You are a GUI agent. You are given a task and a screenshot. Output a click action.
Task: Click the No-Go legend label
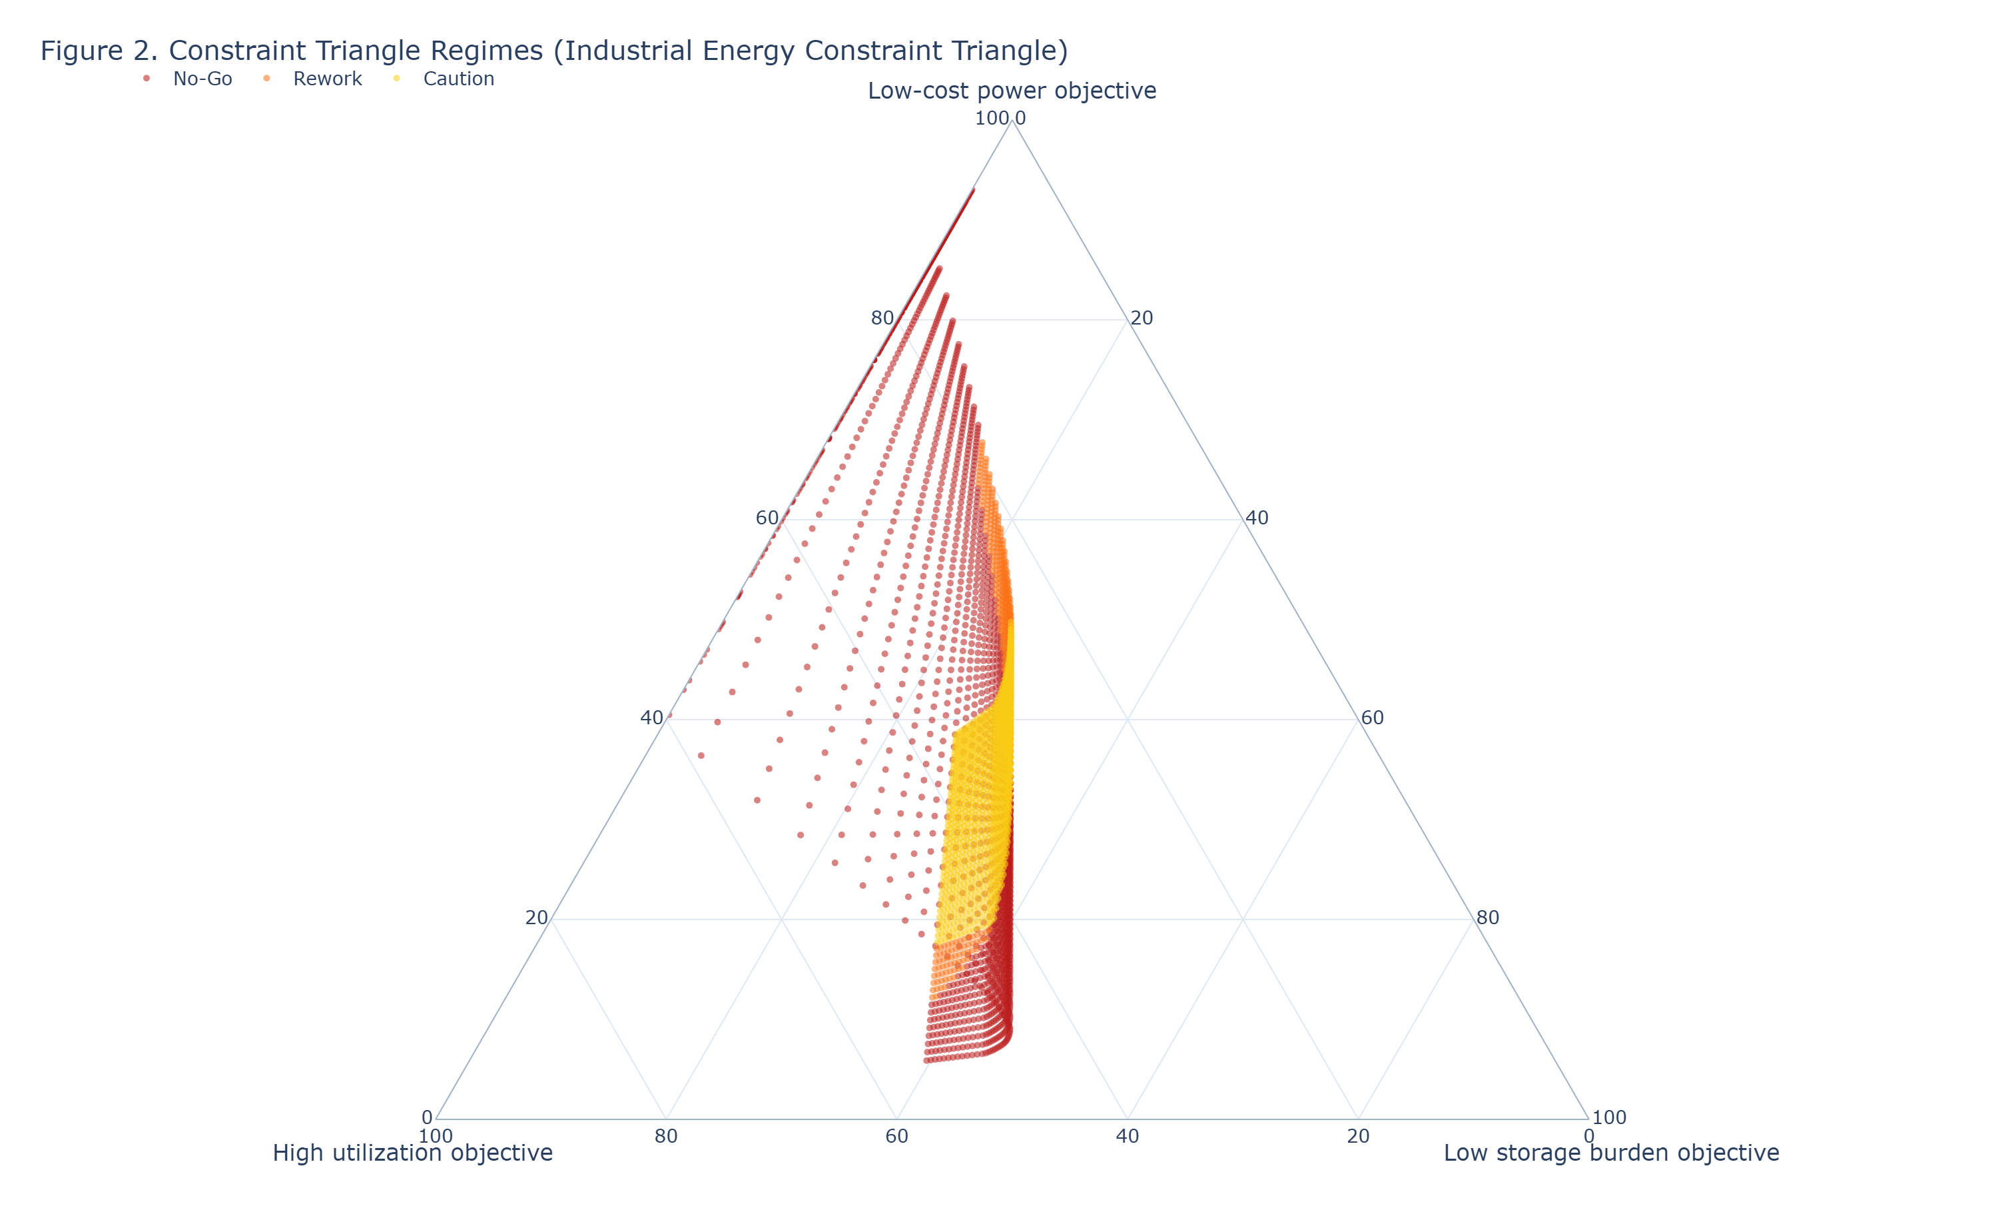click(202, 79)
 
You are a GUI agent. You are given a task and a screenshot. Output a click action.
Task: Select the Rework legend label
click(328, 79)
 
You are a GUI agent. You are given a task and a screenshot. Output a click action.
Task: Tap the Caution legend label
click(458, 79)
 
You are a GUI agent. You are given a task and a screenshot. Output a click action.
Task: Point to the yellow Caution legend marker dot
click(396, 79)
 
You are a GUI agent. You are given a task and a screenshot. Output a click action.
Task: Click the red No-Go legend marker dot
click(147, 79)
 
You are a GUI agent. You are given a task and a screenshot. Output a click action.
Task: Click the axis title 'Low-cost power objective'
click(1012, 91)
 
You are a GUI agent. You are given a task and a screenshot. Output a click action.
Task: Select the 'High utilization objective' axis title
click(412, 1153)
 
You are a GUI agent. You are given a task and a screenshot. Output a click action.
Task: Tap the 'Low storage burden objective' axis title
click(1611, 1153)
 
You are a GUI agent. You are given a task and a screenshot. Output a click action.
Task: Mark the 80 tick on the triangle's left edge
click(881, 318)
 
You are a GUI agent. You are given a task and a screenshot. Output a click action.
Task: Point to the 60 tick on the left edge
click(767, 518)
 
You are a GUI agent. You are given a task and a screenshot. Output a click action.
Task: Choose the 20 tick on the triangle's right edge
click(1142, 318)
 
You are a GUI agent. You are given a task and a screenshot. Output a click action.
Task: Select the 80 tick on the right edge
click(1487, 918)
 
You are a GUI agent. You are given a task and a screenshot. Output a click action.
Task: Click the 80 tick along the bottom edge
click(666, 1136)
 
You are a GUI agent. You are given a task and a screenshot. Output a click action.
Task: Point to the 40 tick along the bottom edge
click(1127, 1136)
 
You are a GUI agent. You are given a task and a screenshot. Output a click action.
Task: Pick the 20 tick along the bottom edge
click(1358, 1136)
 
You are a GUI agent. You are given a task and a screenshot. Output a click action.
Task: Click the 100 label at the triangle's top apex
click(992, 119)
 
